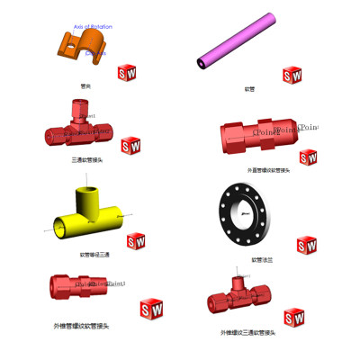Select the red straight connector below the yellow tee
pos(84,285)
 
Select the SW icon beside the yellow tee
pos(136,241)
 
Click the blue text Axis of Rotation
pos(94,27)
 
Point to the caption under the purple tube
pos(249,89)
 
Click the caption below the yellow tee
pos(94,255)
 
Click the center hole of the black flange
pos(244,213)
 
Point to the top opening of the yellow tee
pos(90,192)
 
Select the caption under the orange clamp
pos(85,86)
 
